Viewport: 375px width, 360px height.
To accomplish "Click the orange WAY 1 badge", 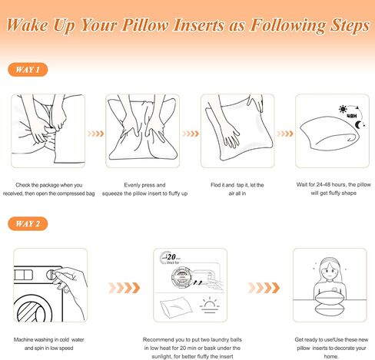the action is point(28,70).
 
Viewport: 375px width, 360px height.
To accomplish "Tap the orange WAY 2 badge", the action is point(28,223).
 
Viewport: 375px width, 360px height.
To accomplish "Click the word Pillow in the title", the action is point(145,25).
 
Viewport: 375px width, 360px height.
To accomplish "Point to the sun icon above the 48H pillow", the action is point(343,109).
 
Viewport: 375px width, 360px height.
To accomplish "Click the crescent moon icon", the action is point(358,125).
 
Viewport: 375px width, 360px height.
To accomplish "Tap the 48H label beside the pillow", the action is point(352,116).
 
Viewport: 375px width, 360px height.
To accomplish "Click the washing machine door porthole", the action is point(33,309).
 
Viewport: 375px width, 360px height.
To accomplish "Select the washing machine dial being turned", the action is point(52,275).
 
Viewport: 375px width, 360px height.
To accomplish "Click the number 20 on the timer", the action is point(171,256).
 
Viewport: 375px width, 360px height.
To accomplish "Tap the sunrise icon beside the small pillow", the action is point(210,305).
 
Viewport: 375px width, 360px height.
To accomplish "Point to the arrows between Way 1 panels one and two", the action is point(95,134).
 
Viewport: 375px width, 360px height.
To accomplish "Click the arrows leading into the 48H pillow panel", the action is point(285,134).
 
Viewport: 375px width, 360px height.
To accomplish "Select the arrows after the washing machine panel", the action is point(124,288).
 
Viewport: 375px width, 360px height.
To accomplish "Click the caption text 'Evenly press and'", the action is point(144,185).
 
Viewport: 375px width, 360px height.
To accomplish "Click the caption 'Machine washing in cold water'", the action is point(49,340).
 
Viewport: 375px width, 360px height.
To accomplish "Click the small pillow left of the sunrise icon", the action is point(176,307).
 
